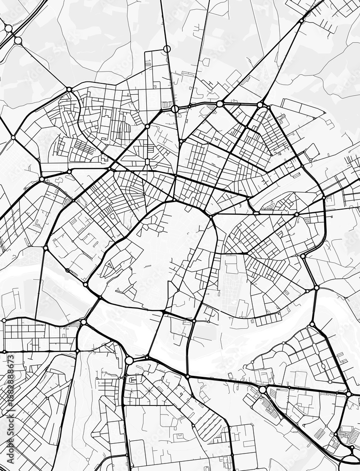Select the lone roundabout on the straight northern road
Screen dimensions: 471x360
click(167, 49)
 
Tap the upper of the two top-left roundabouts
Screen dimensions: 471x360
click(8, 28)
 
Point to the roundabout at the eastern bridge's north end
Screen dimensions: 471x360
click(316, 287)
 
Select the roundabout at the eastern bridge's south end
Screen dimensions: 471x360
click(312, 324)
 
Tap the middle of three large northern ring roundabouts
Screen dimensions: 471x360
click(220, 104)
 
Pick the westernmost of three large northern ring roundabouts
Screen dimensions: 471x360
click(175, 109)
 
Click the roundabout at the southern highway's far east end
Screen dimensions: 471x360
click(349, 393)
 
